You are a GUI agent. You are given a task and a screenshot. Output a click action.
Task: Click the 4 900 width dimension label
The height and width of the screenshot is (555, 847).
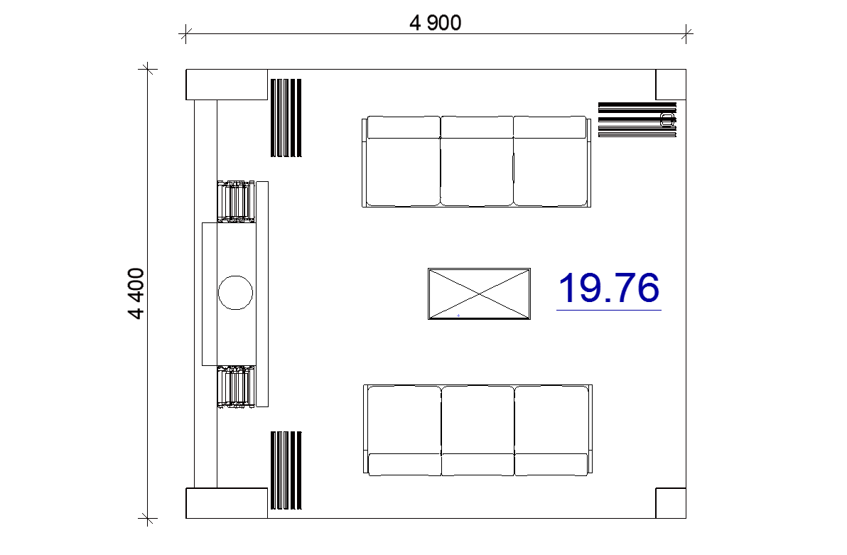click(x=436, y=23)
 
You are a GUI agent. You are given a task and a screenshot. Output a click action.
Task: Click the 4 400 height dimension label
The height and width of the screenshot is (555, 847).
click(x=136, y=293)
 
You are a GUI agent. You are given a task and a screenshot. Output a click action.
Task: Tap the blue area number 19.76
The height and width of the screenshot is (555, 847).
click(x=608, y=288)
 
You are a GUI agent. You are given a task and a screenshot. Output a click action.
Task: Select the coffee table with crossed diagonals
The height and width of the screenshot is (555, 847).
click(x=479, y=294)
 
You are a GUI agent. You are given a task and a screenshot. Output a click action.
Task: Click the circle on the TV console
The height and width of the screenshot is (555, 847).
click(x=235, y=292)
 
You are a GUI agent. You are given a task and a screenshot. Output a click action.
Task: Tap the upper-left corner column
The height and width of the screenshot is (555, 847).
click(x=227, y=85)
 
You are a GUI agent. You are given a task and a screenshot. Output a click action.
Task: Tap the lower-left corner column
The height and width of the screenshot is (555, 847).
click(x=227, y=503)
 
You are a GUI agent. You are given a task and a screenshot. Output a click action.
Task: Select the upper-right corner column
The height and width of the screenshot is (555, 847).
click(x=671, y=85)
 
